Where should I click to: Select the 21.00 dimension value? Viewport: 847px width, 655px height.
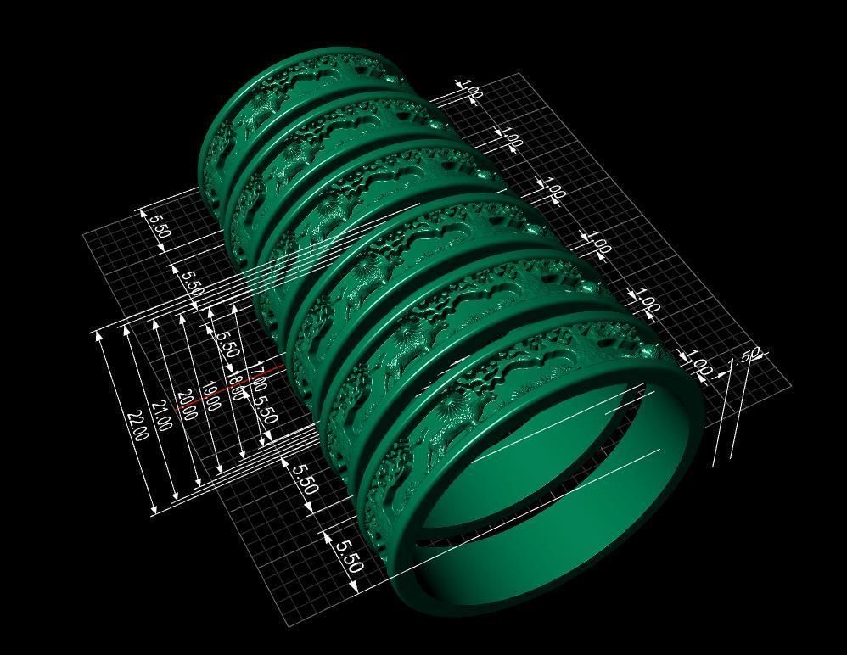click(x=161, y=416)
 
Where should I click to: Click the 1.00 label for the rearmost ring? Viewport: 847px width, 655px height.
click(x=470, y=89)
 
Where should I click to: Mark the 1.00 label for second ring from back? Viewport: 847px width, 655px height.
click(x=510, y=137)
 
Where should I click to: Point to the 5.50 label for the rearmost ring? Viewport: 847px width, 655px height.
click(x=159, y=226)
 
